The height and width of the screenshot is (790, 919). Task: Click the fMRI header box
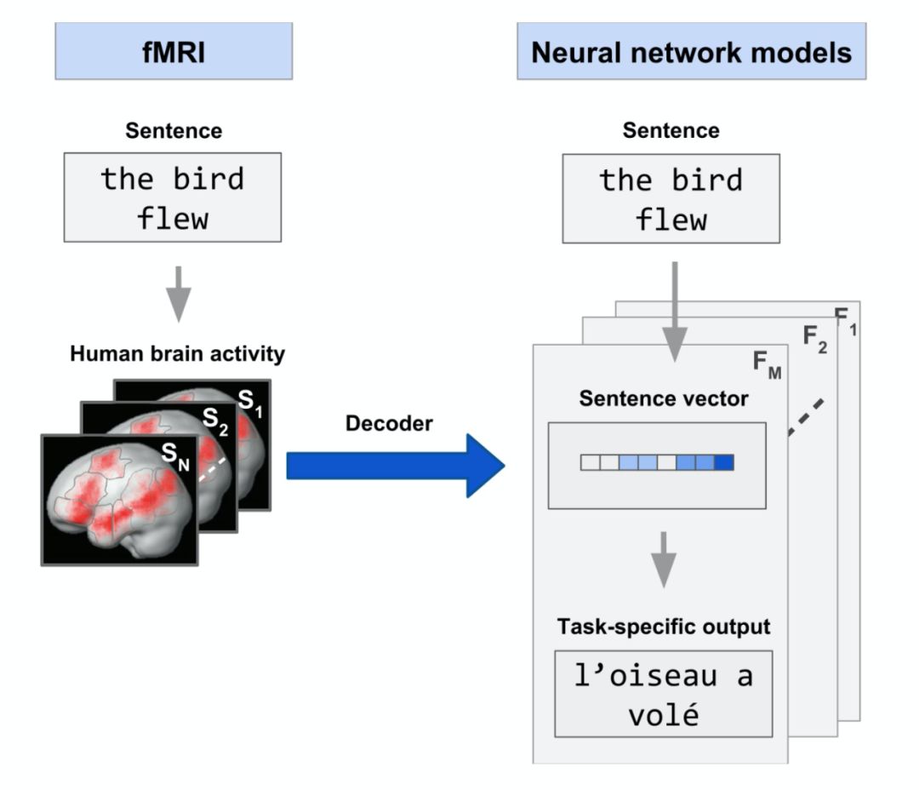pos(174,52)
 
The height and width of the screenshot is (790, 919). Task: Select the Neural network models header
pos(691,52)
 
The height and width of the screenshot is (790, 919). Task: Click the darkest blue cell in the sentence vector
pos(724,462)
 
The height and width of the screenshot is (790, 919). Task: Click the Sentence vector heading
pos(664,398)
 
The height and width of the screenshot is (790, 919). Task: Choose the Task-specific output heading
pos(664,627)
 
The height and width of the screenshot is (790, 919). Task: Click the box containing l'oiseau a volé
pos(664,694)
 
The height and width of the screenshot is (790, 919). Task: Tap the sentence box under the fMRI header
pos(173,197)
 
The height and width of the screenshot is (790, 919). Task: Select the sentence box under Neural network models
pos(671,197)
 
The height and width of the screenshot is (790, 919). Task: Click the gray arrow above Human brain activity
pos(177,292)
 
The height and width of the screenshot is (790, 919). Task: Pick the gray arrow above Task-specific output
pos(664,558)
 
